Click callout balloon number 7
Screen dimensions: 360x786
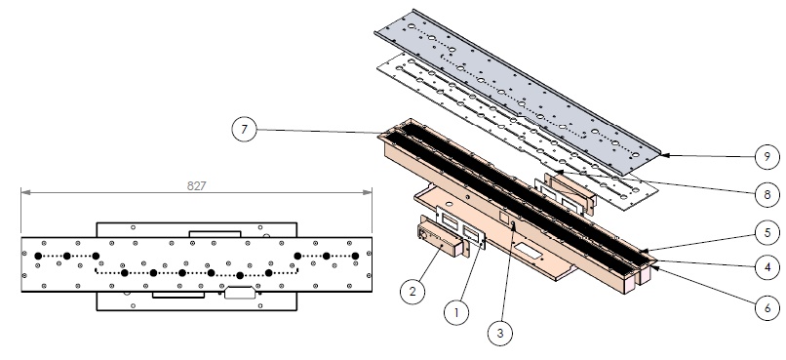pos(245,130)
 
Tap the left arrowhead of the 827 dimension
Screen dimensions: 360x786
pos(23,193)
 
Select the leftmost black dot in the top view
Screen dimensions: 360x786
pos(37,256)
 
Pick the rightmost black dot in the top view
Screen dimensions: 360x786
pos(355,256)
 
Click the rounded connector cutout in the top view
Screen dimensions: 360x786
pos(239,291)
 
